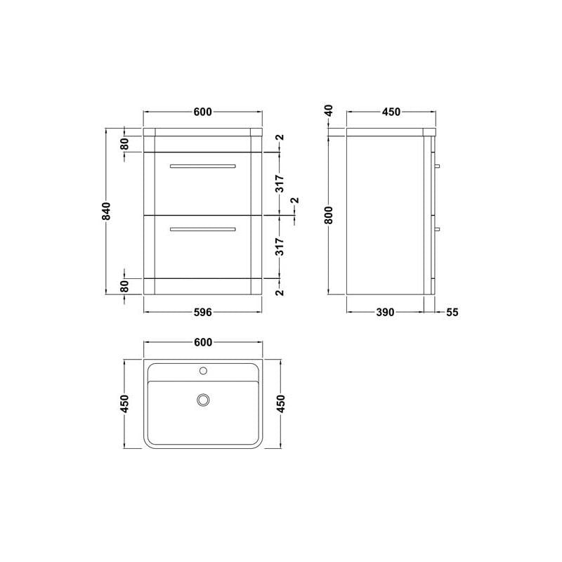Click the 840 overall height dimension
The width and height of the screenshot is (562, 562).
pos(106,211)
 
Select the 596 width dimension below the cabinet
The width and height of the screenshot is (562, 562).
pos(203,312)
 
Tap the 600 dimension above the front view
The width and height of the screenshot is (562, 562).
pos(203,112)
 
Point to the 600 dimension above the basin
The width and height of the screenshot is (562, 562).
pos(203,343)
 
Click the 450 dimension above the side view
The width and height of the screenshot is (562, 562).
pos(391,112)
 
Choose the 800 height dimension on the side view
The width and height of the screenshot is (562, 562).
pos(329,215)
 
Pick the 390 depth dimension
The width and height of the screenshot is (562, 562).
pos(385,312)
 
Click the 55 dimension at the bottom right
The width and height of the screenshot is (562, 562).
pos(452,312)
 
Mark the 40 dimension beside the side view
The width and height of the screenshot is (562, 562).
pos(329,110)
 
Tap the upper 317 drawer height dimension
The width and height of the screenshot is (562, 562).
pos(280,183)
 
